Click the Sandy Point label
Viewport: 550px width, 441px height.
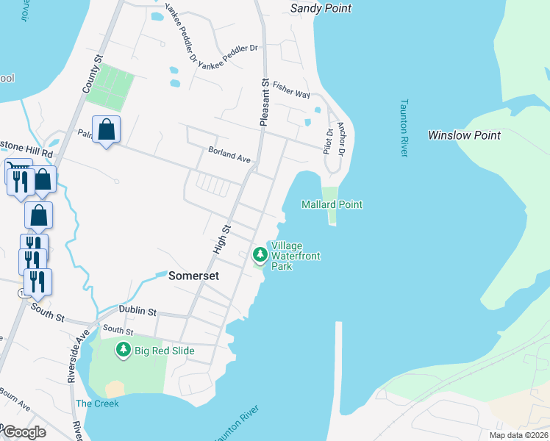point(321,8)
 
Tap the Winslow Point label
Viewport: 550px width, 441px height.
point(464,135)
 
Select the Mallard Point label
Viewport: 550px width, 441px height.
point(332,204)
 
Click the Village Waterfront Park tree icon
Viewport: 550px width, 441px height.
point(260,255)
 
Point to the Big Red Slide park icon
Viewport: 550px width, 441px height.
point(124,351)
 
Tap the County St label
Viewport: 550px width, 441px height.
point(90,72)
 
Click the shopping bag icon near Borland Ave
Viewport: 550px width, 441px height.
point(107,129)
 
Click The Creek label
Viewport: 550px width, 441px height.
point(96,404)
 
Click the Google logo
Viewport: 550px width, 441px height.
point(25,432)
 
